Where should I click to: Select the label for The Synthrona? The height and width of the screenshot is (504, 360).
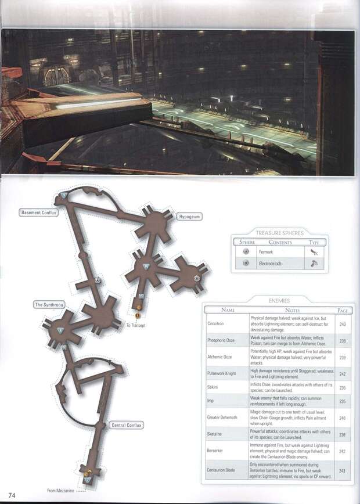48,304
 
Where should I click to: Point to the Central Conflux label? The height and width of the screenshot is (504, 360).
126,425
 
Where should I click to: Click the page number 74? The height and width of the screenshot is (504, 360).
11,494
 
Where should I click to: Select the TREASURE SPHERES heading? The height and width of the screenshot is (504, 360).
279,233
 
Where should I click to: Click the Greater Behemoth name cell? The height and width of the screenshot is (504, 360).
222,417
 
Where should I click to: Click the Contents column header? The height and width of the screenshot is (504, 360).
280,242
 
